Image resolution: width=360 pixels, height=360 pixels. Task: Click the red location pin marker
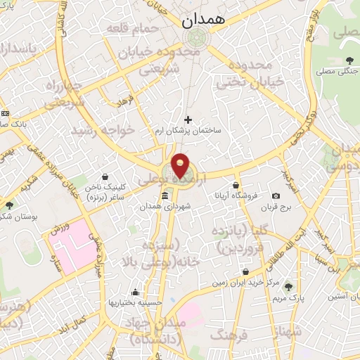click(x=181, y=165)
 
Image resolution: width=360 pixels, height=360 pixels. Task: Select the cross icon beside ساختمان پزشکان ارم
click(x=188, y=120)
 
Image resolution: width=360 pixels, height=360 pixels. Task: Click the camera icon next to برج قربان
click(x=276, y=195)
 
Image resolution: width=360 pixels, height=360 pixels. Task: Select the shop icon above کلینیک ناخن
click(x=105, y=176)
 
